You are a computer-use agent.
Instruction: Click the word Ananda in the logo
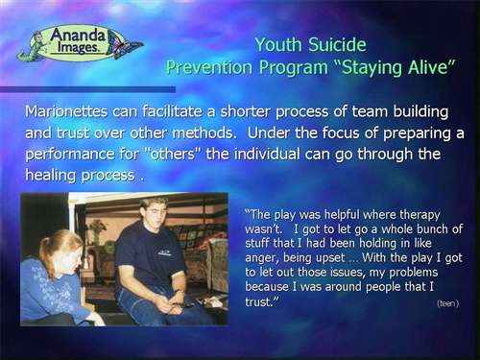tap(78, 36)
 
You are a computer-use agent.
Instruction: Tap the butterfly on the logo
tap(125, 46)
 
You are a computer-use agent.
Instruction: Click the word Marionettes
tap(66, 111)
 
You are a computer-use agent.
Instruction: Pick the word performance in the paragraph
tap(70, 155)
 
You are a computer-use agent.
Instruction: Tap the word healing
tap(51, 176)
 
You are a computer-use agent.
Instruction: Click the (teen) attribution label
tap(448, 303)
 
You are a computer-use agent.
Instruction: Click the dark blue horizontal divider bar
tap(87, 89)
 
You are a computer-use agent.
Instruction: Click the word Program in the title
tap(294, 68)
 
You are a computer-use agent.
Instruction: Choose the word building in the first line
tap(420, 112)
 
